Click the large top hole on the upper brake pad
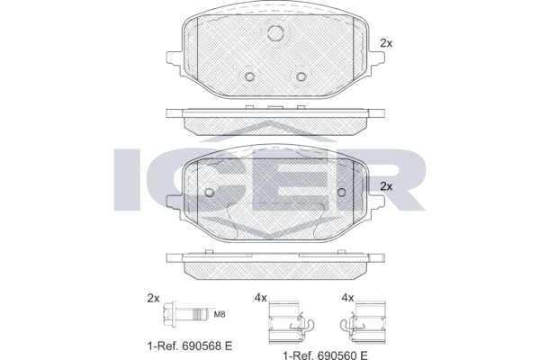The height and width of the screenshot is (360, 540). pyautogui.click(x=276, y=35)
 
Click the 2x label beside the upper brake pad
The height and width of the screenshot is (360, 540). pyautogui.click(x=387, y=43)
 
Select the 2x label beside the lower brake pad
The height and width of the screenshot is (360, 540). pyautogui.click(x=387, y=186)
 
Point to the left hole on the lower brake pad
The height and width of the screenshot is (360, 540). pyautogui.click(x=209, y=192)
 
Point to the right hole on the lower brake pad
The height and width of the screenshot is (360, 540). pyautogui.click(x=343, y=192)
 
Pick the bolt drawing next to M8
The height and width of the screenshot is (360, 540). pyautogui.click(x=183, y=315)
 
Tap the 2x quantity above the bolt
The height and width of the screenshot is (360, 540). pyautogui.click(x=153, y=297)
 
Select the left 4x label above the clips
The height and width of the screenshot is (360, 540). pyautogui.click(x=261, y=297)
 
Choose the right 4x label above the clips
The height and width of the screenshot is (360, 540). pyautogui.click(x=347, y=297)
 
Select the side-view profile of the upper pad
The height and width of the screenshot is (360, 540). pyautogui.click(x=275, y=117)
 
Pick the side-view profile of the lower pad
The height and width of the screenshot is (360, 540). pyautogui.click(x=275, y=262)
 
